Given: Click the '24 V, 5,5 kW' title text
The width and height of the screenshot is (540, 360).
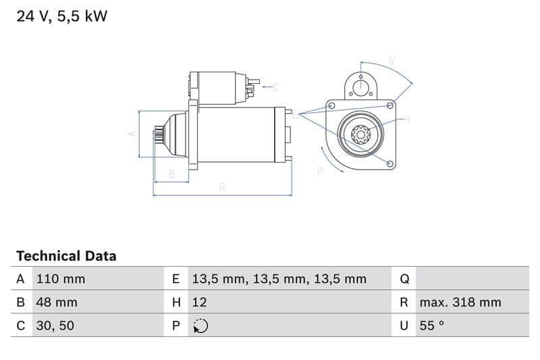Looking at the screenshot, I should tap(61, 16).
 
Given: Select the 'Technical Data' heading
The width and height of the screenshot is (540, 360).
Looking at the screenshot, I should tap(66, 256).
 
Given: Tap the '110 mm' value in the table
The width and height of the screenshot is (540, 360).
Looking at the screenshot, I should tap(60, 279).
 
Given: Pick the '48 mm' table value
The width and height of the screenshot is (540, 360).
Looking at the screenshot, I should tap(56, 302).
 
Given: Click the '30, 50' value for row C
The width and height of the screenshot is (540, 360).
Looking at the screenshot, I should tap(55, 326).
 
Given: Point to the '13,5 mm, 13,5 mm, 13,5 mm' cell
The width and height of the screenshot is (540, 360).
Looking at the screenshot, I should tap(279, 279).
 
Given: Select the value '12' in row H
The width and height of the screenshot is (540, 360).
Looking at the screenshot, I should tap(199, 302).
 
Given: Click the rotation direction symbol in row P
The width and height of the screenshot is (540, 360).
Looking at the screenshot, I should tap(200, 326).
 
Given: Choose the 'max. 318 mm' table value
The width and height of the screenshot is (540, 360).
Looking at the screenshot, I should tap(460, 302).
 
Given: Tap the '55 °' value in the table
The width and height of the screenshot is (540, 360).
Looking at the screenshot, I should tap(431, 326).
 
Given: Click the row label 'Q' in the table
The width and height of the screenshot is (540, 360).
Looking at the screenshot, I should tap(404, 279).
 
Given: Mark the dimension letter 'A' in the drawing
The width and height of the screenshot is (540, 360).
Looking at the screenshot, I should tap(132, 134).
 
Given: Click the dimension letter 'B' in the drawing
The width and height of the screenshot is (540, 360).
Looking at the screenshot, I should tap(171, 174).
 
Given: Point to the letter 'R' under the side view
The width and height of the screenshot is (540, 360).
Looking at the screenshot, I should tap(222, 188).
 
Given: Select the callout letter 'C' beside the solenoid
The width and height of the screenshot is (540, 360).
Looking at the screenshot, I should tap(275, 86).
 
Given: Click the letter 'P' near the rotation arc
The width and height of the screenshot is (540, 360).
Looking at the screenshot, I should tap(320, 172).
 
